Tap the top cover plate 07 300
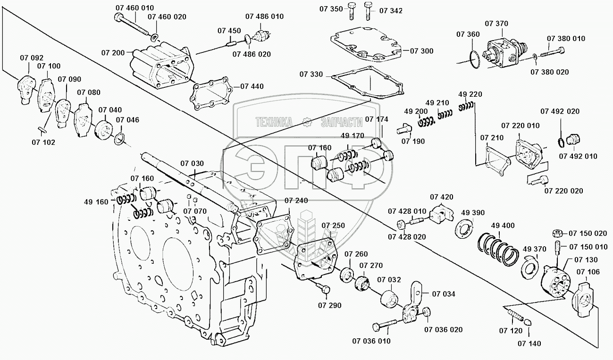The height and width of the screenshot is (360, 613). tap(368, 46)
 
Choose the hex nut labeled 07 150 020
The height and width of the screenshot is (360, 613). tap(556, 233)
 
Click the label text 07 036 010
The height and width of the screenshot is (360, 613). tap(371, 341)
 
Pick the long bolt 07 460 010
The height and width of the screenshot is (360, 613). tap(133, 24)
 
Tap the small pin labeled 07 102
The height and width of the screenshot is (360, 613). tap(41, 128)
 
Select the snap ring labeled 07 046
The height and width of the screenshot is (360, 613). tap(120, 139)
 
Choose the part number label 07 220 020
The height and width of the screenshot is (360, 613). tap(563, 191)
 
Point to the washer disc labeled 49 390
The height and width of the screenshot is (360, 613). tap(465, 227)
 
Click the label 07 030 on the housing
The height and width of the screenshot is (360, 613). tap(192, 163)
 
